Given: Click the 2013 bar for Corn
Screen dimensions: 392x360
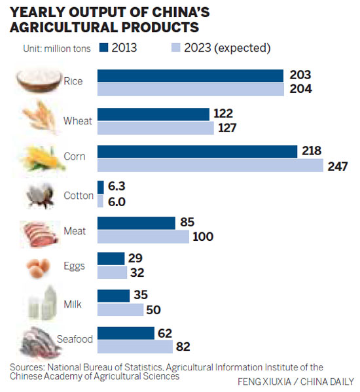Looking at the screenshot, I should (197, 151).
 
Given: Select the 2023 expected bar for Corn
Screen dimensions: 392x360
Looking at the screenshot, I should (209, 166).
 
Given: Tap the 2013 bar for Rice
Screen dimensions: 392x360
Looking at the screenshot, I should (190, 75).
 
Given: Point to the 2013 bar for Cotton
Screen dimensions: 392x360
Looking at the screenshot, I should (100, 187).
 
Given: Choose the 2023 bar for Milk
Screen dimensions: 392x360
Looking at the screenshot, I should (120, 309).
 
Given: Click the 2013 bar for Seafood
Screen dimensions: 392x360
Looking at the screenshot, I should (126, 332).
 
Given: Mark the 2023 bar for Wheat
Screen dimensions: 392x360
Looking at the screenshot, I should (155, 128).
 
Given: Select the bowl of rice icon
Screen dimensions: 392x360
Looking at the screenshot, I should (35, 81).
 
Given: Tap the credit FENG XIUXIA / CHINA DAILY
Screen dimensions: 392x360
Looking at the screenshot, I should (295, 382).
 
